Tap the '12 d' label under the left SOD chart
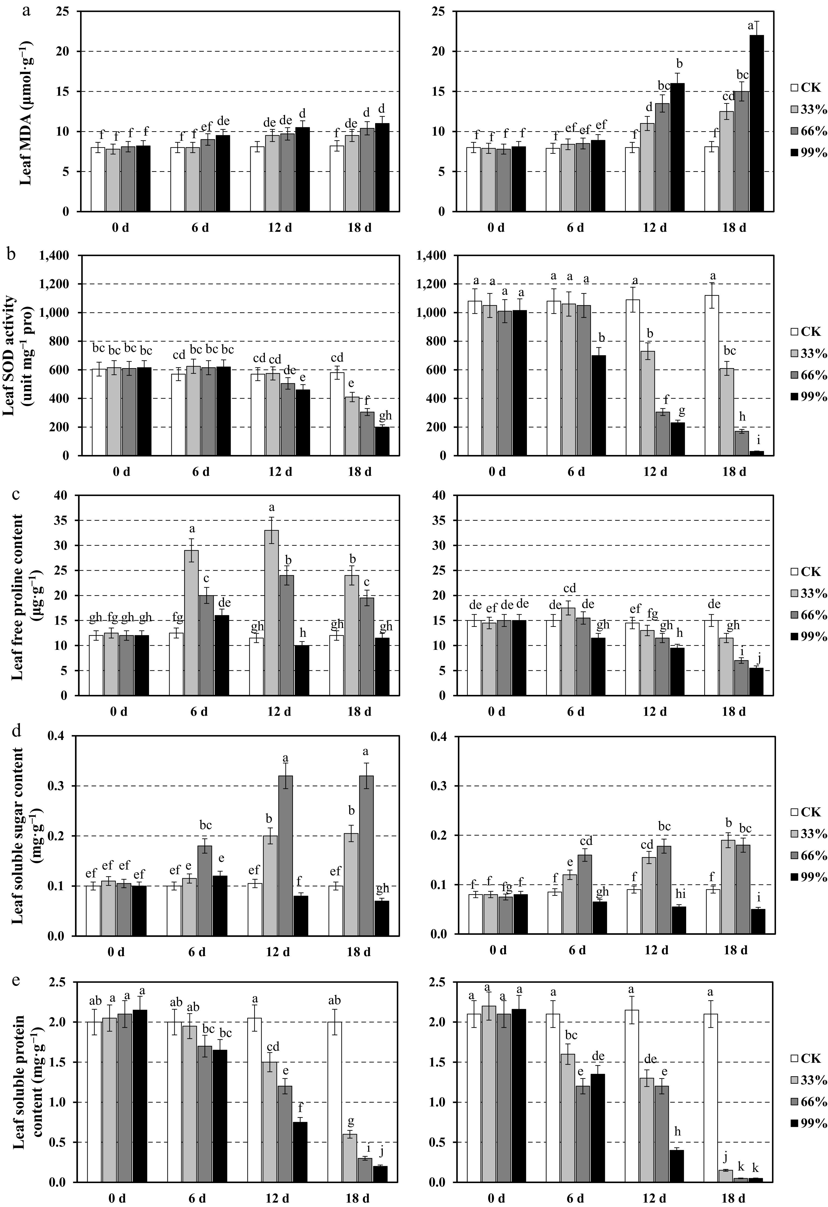(280, 471)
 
